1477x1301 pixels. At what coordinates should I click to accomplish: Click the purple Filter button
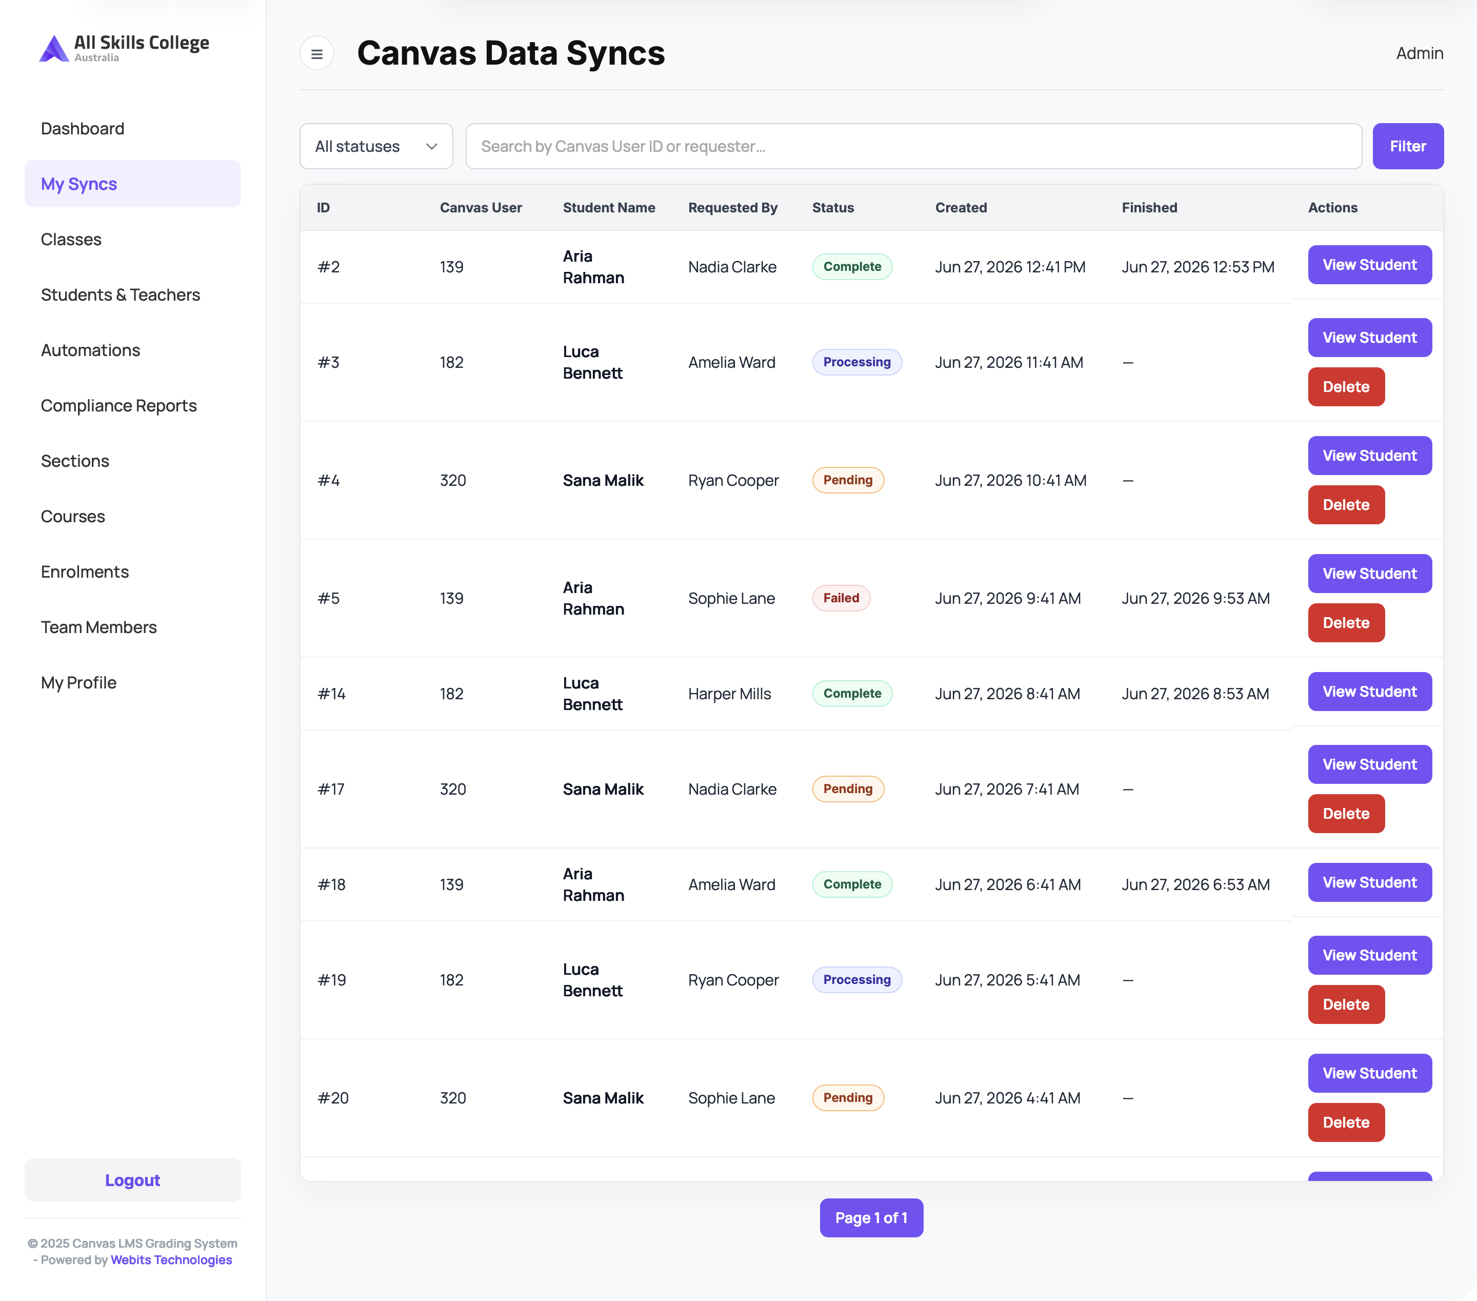pyautogui.click(x=1408, y=146)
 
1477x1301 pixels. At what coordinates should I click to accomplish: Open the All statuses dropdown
pyautogui.click(x=376, y=146)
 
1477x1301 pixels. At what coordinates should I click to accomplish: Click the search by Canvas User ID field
pyautogui.click(x=913, y=146)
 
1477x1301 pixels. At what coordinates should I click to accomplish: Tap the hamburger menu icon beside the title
pyautogui.click(x=316, y=53)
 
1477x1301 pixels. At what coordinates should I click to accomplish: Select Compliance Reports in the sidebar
pyautogui.click(x=118, y=405)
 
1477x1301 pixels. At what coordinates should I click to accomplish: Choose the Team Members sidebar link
pyautogui.click(x=98, y=627)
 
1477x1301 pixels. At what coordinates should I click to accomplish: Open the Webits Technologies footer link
pyautogui.click(x=171, y=1260)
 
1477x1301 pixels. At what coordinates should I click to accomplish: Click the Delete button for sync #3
pyautogui.click(x=1346, y=387)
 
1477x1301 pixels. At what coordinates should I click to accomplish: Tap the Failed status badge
pyautogui.click(x=841, y=598)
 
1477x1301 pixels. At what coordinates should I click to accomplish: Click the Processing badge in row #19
pyautogui.click(x=857, y=979)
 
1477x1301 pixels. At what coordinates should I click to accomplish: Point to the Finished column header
pyautogui.click(x=1149, y=207)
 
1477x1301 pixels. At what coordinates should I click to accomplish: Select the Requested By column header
pyautogui.click(x=733, y=207)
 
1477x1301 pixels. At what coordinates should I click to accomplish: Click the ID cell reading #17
pyautogui.click(x=331, y=790)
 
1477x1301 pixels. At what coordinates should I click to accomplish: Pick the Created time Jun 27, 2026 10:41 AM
pyautogui.click(x=1010, y=480)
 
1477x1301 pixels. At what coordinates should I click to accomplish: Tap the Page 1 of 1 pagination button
pyautogui.click(x=871, y=1218)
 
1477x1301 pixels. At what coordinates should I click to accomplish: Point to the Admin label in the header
pyautogui.click(x=1419, y=53)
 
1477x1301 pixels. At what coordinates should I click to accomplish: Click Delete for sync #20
pyautogui.click(x=1346, y=1122)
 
